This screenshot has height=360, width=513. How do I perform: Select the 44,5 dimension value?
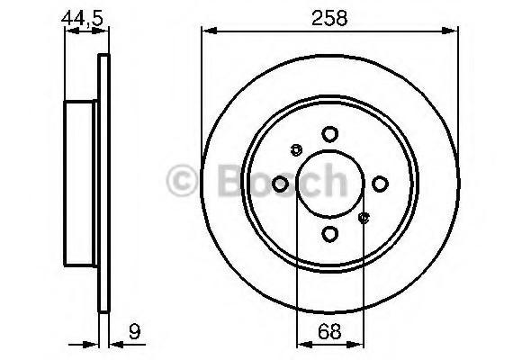(x=80, y=16)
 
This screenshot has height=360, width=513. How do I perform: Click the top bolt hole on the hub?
(x=330, y=134)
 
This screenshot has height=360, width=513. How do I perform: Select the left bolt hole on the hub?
(x=280, y=184)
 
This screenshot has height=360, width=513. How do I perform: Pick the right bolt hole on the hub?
(x=381, y=184)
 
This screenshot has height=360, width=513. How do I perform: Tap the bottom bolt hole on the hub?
(x=330, y=234)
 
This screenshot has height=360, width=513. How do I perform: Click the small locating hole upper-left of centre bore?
(x=296, y=150)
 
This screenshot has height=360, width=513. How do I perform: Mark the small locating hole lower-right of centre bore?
(x=364, y=217)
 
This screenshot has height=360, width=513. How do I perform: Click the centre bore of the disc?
(x=330, y=184)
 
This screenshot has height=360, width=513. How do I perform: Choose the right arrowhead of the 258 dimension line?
(x=454, y=31)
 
